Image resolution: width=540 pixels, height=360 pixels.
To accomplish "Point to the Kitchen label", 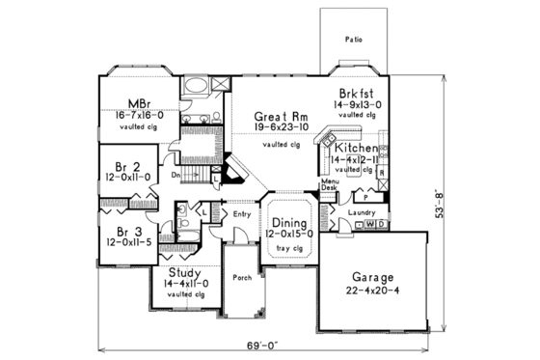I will coord(352,148).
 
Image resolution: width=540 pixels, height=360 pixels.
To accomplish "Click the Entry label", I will coord(241,213).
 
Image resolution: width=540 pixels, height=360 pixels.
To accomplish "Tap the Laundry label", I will coord(374,211).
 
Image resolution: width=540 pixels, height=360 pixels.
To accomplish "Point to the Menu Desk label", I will coord(329,185).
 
